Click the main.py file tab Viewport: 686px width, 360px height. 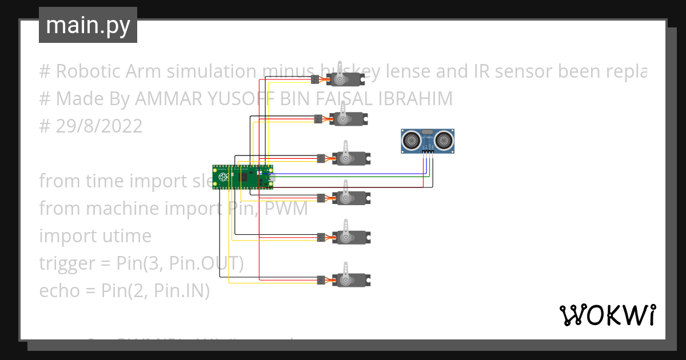(x=87, y=26)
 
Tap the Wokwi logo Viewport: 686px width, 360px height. (x=607, y=315)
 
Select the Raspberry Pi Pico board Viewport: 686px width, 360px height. (x=243, y=177)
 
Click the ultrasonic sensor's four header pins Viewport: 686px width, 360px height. (x=428, y=151)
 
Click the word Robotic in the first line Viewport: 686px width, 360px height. (x=87, y=71)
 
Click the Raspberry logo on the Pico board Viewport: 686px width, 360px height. (x=222, y=178)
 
